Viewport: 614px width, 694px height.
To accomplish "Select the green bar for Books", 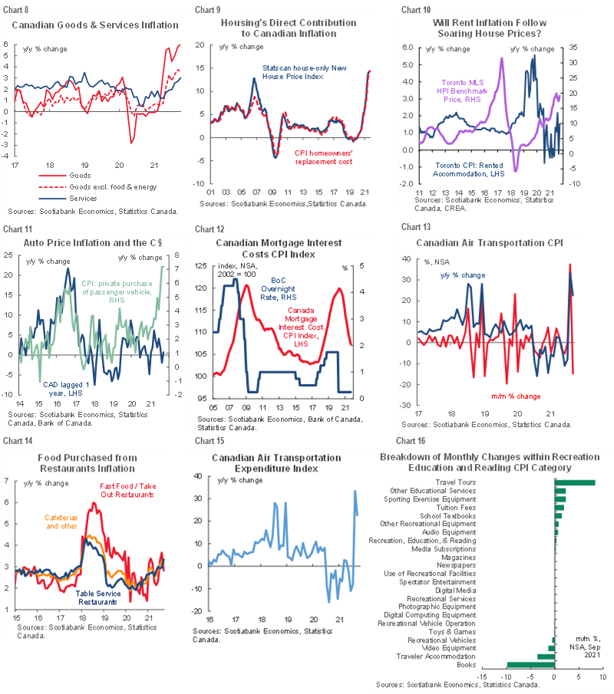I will point(530,665).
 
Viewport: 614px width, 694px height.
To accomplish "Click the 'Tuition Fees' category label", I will point(457,507).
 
